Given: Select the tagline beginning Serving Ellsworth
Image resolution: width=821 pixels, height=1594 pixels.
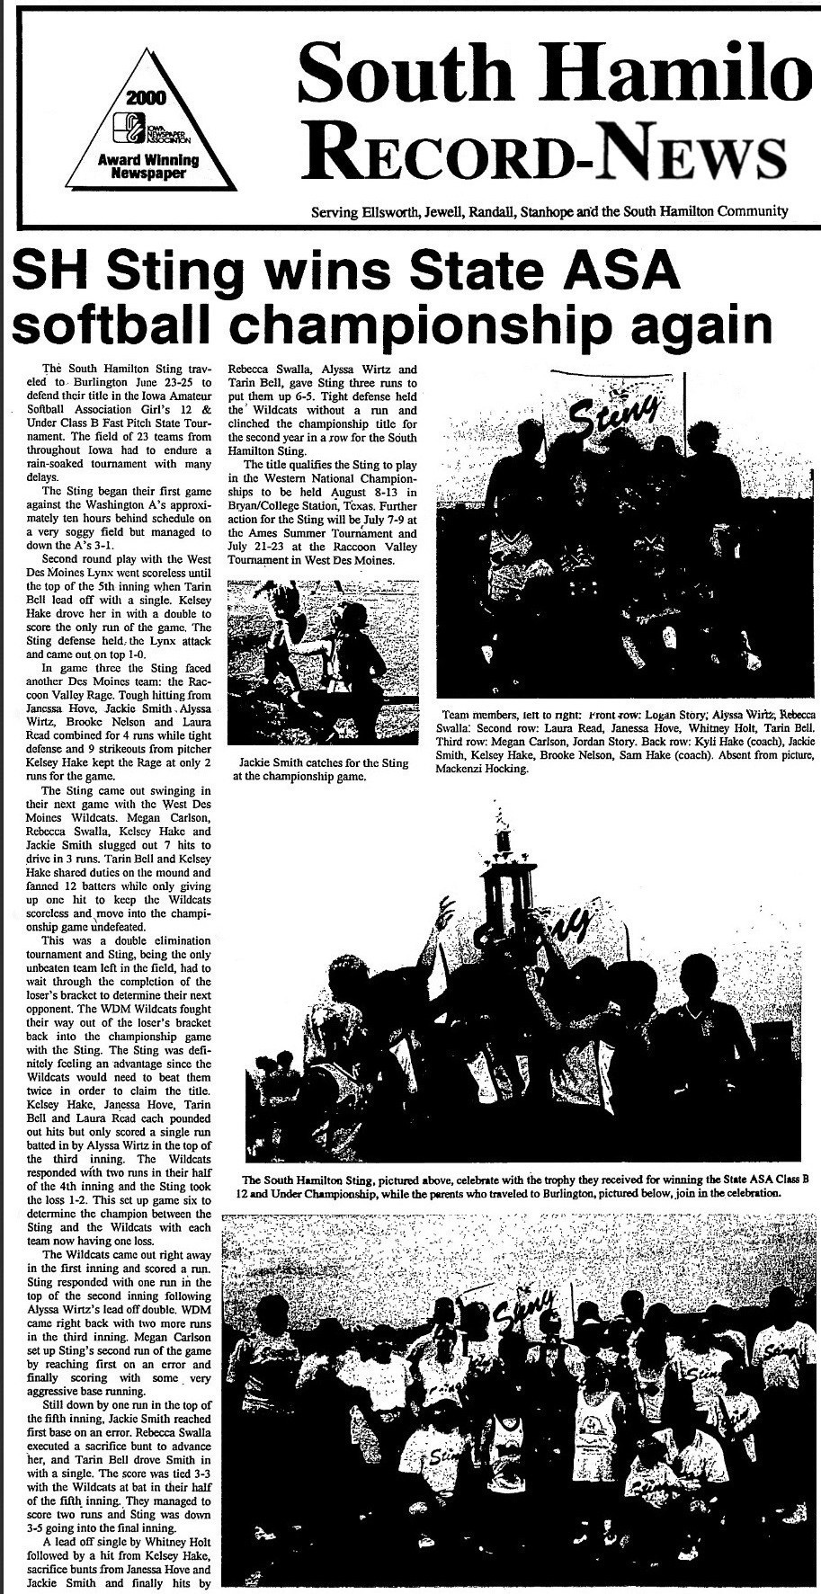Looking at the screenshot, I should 549,212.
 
